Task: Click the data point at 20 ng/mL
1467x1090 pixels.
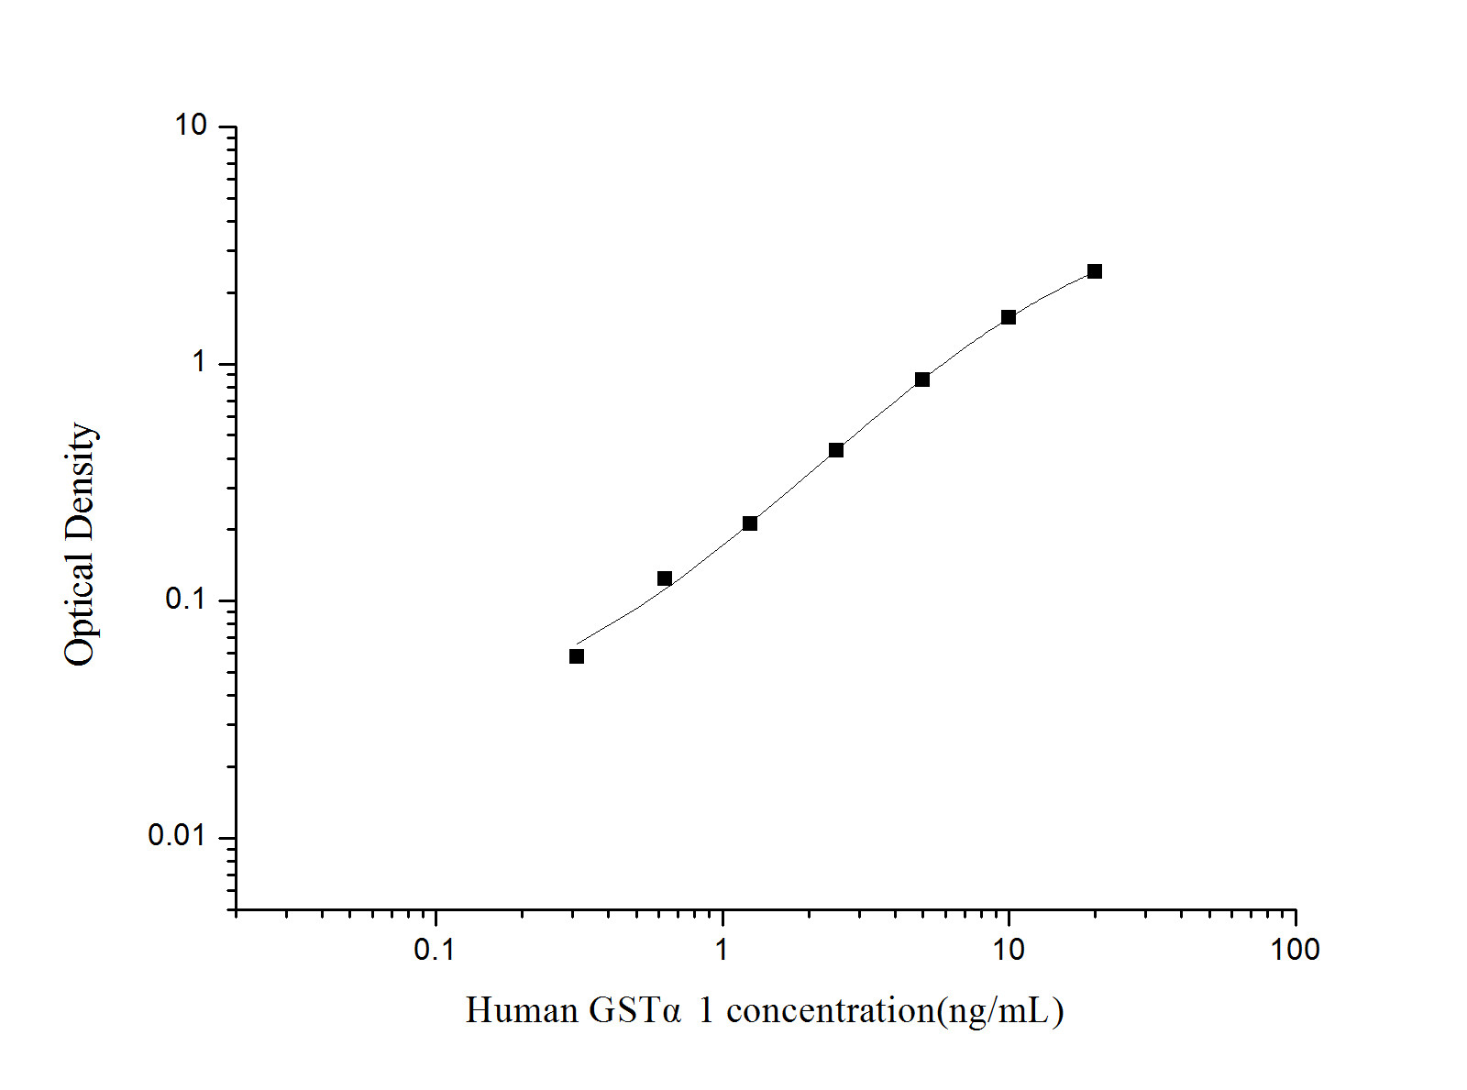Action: (x=1094, y=271)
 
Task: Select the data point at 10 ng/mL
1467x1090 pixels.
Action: (x=1008, y=317)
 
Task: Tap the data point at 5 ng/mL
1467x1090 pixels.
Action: (x=921, y=380)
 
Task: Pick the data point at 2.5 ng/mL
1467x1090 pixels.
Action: (x=835, y=450)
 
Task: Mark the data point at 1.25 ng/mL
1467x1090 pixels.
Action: (x=749, y=523)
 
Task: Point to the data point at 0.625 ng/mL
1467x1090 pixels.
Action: (x=664, y=578)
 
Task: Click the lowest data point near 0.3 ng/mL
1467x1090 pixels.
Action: (x=576, y=656)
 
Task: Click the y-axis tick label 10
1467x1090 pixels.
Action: (x=192, y=126)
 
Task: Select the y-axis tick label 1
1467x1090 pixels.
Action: (x=200, y=363)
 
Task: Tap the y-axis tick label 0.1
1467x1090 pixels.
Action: (x=186, y=600)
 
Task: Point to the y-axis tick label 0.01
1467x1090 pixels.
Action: (x=178, y=836)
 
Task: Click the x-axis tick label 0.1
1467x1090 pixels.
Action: (x=435, y=950)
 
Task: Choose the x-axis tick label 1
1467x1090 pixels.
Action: (x=722, y=950)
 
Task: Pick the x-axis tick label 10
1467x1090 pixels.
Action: (x=1008, y=950)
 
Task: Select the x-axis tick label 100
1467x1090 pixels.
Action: (x=1295, y=950)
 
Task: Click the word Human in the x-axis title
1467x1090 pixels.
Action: (x=521, y=1010)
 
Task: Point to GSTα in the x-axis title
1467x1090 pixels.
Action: (x=635, y=1010)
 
